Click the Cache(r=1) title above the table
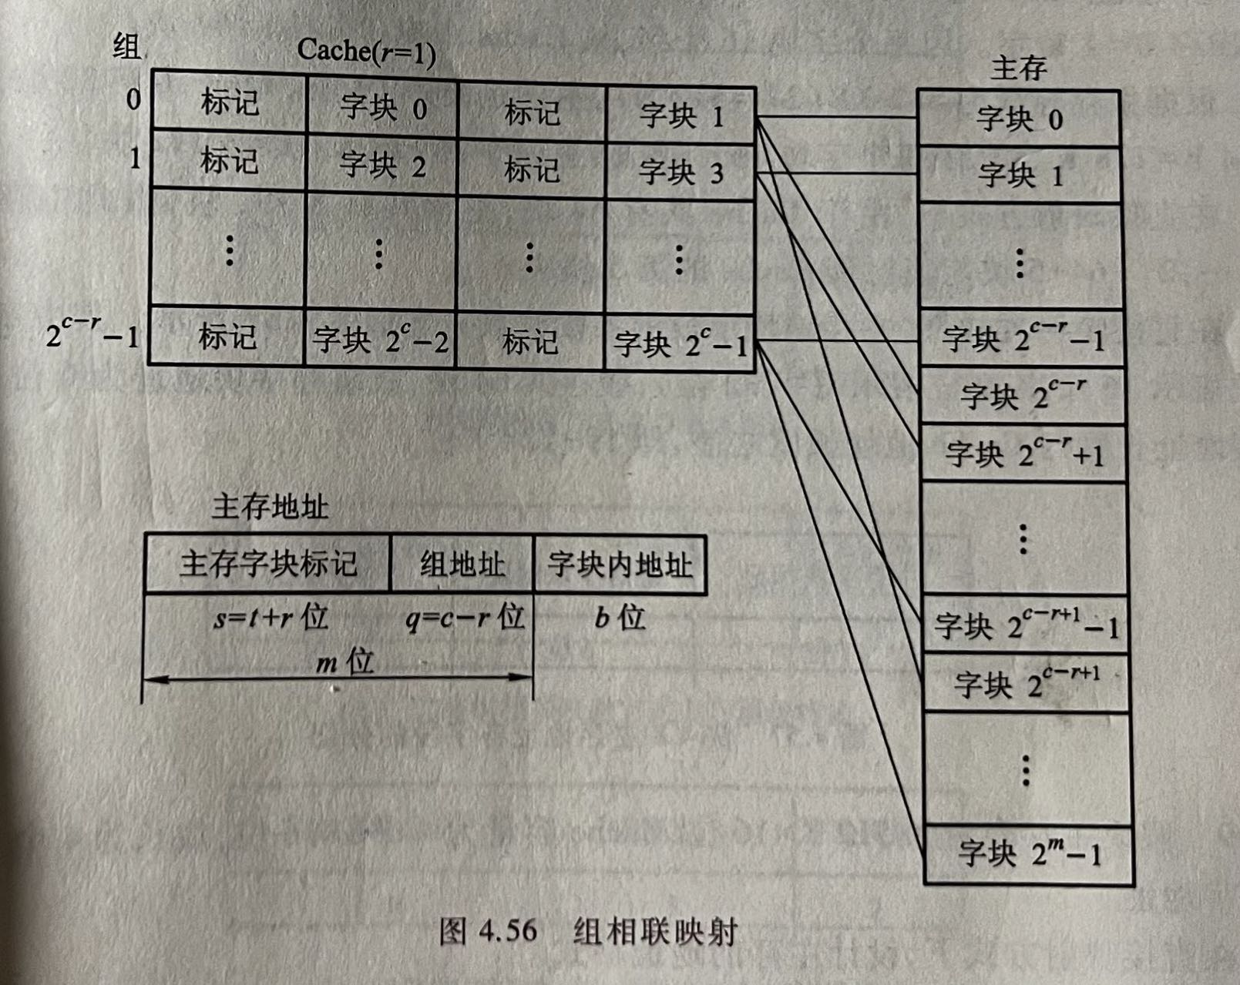click(366, 52)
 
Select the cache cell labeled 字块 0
click(382, 108)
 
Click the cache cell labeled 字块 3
click(681, 172)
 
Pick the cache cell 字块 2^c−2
click(380, 340)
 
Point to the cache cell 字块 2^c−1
click(680, 343)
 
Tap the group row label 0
click(133, 99)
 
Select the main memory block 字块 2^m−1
click(1029, 853)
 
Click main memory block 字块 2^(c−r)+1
click(1024, 453)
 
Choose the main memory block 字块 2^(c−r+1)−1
click(1025, 625)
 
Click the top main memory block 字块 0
click(1019, 119)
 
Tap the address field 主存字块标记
click(268, 564)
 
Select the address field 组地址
click(462, 565)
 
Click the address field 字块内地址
click(620, 565)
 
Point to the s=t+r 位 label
click(271, 618)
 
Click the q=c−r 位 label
click(465, 618)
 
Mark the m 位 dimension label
click(344, 662)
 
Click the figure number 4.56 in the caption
click(507, 930)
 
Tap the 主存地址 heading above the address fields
click(270, 507)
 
